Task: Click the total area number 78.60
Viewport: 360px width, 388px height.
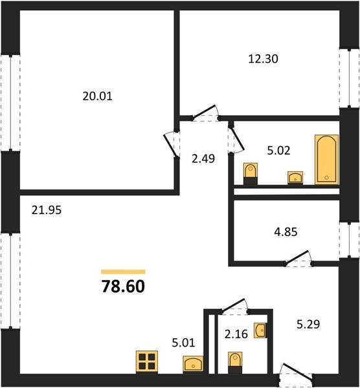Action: point(123,286)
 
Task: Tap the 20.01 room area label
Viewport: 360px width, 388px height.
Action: point(97,96)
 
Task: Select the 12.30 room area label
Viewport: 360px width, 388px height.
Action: point(263,59)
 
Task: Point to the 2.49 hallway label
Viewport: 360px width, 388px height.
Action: point(203,158)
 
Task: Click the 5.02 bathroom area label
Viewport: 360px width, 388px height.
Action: point(278,151)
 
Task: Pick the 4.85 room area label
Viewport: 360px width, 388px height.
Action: point(286,232)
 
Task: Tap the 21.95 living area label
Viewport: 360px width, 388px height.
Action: point(47,210)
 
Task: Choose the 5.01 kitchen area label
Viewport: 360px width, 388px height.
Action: point(183,343)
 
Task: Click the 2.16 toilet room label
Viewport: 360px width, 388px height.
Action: point(236,334)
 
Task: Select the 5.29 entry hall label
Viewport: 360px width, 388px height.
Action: point(308,324)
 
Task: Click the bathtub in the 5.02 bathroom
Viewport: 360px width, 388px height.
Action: point(326,160)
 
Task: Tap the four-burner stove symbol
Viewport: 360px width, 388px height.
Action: point(147,361)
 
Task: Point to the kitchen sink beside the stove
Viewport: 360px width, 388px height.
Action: point(193,363)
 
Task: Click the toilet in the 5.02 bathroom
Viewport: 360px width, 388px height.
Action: point(251,173)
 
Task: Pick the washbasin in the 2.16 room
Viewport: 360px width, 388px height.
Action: point(260,330)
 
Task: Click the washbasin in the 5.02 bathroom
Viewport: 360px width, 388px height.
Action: point(295,178)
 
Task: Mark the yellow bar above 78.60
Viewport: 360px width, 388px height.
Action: point(123,272)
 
